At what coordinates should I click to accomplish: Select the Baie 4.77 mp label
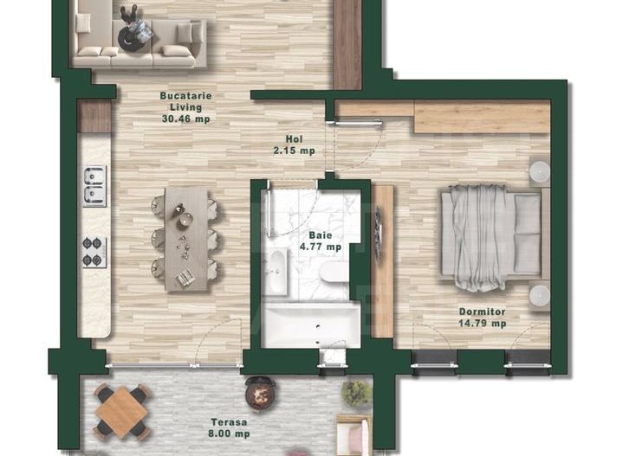pos(320,241)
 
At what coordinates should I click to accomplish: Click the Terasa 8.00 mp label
pos(230,428)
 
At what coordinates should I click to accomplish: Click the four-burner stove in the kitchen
pos(94,252)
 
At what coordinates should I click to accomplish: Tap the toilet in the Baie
pos(334,273)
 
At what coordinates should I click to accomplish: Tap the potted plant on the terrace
pos(356,394)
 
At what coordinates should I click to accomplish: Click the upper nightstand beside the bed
pos(539,171)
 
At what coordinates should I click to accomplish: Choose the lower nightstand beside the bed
pos(539,295)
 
